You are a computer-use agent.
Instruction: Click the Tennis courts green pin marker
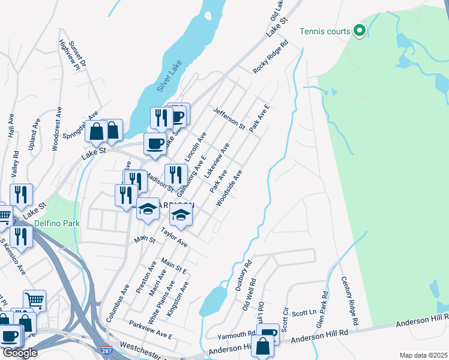(x=360, y=30)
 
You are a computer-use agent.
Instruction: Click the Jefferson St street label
(x=229, y=118)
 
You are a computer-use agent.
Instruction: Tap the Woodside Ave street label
(x=229, y=188)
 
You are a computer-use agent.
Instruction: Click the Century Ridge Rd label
(x=349, y=301)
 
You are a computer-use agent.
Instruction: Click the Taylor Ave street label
(x=174, y=238)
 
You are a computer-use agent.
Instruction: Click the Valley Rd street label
(x=15, y=164)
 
